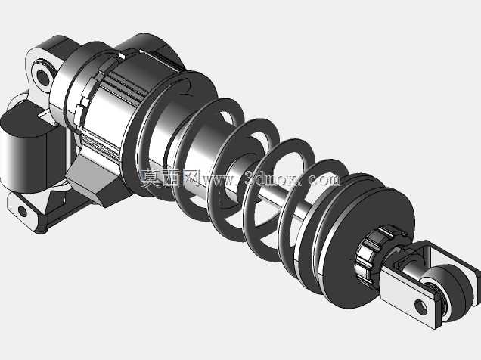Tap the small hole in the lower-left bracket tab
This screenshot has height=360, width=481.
[x=23, y=212]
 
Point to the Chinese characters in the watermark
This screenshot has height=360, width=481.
[x=170, y=178]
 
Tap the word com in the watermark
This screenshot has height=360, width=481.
[x=324, y=180]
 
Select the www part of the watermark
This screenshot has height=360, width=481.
[x=220, y=180]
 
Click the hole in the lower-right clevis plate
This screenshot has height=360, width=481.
[x=420, y=307]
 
